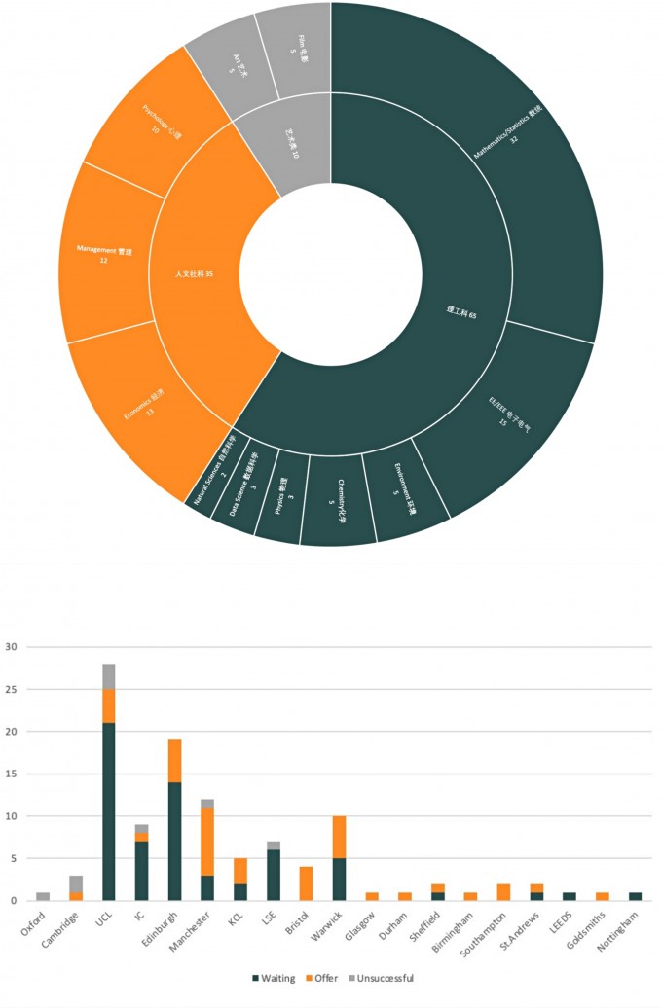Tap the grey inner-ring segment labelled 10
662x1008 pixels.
click(x=282, y=146)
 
